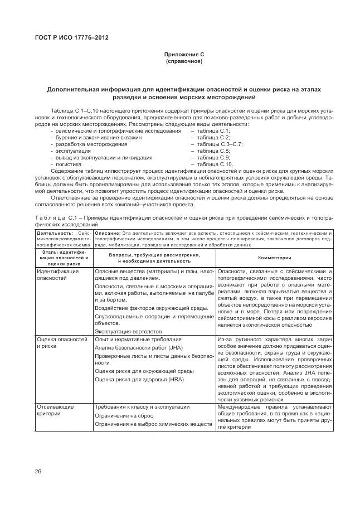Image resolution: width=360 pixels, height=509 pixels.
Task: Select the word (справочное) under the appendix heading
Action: click(x=184, y=61)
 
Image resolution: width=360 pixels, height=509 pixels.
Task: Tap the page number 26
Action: click(x=38, y=471)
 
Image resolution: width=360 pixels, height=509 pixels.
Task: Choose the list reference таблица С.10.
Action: click(x=211, y=164)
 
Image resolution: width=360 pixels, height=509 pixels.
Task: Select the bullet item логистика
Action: click(x=68, y=164)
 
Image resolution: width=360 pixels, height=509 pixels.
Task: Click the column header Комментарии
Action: click(x=274, y=258)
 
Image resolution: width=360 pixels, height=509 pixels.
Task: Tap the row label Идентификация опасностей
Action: click(x=57, y=274)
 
